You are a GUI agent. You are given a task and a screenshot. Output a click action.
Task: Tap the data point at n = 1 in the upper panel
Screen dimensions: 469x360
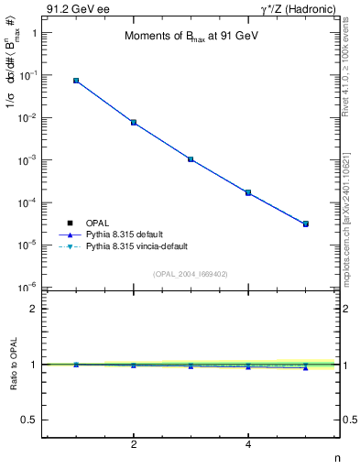76,81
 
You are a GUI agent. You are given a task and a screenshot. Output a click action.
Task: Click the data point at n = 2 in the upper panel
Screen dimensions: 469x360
134,122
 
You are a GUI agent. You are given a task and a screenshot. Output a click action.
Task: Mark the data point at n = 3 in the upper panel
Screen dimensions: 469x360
191,158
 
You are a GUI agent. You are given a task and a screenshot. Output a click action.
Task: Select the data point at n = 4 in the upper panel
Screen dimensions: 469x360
248,192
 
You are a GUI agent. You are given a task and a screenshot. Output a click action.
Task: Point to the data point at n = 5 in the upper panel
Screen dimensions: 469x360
306,224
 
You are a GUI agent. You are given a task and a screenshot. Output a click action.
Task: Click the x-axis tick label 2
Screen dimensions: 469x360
134,445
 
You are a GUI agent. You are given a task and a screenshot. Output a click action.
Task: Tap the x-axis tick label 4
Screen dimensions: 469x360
248,445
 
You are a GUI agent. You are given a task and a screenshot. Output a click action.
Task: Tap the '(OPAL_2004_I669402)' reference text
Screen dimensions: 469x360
191,273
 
